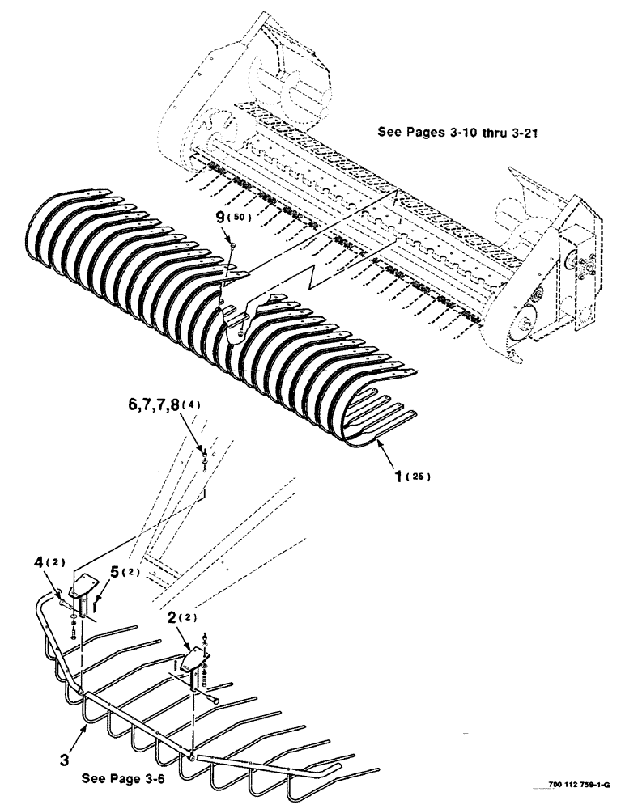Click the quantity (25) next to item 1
(x=419, y=477)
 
